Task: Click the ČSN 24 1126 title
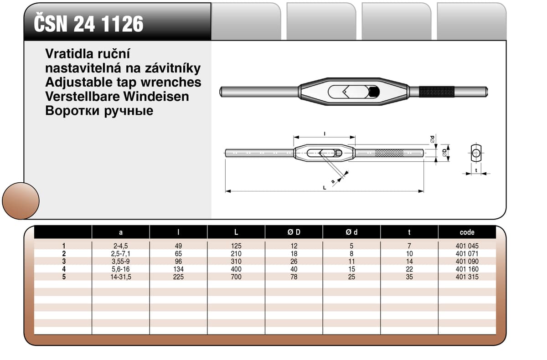tap(89, 24)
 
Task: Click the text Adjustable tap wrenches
tap(123, 82)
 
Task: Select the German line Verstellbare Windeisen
tap(117, 96)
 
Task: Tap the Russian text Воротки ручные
tap(99, 110)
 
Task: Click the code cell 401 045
tap(467, 246)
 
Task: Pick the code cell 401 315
tap(467, 277)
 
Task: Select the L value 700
tap(236, 277)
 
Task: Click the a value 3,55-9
tap(121, 261)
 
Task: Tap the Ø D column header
tap(294, 232)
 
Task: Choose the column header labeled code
tap(467, 232)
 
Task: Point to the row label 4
tap(64, 269)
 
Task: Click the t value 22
tap(409, 269)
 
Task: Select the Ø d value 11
tap(351, 261)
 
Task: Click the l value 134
tap(178, 269)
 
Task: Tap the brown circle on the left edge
tap(21, 201)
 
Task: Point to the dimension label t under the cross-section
tap(476, 170)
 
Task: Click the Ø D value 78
tap(294, 277)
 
